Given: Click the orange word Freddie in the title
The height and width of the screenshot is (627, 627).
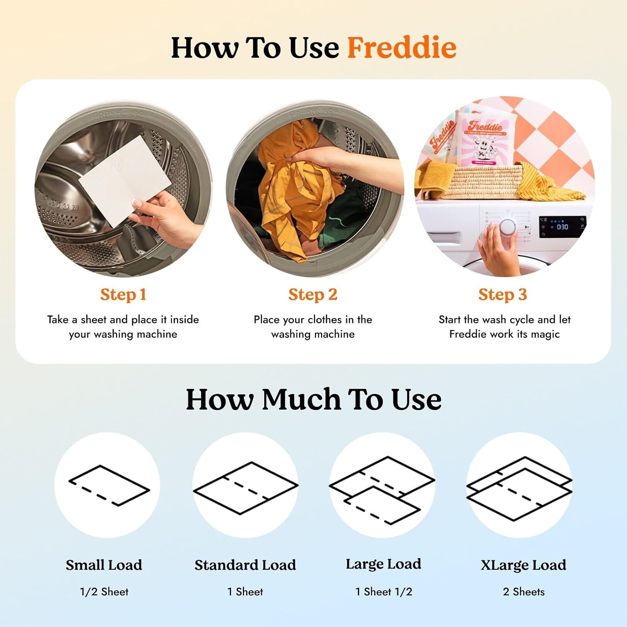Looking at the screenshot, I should [x=402, y=48].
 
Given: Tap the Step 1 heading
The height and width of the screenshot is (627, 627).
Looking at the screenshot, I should [x=123, y=295].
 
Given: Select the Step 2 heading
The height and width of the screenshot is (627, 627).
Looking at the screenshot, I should [x=313, y=295].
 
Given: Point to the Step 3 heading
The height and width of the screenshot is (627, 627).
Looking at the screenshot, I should [x=502, y=295].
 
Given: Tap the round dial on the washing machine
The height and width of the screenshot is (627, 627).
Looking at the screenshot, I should [x=508, y=227].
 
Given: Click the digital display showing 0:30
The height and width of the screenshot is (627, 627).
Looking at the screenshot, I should [x=562, y=227].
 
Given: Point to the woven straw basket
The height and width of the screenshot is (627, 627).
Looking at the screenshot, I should [x=481, y=182].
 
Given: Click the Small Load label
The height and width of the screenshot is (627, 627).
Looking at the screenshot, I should [x=104, y=565].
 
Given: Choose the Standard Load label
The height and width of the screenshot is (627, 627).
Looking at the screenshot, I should [x=245, y=565].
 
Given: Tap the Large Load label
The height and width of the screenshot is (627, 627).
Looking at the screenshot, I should [x=383, y=564].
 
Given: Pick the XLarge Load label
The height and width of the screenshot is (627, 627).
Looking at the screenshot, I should [x=523, y=565].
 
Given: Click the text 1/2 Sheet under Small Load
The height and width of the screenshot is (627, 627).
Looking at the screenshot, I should [x=104, y=592].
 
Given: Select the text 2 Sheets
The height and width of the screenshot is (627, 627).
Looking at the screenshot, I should [x=524, y=592].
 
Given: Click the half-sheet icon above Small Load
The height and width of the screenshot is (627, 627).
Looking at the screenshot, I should [x=109, y=485].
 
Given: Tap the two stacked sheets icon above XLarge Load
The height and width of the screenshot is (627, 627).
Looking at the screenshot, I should [x=519, y=489].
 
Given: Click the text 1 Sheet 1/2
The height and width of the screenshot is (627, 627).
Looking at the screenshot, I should [x=384, y=592].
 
